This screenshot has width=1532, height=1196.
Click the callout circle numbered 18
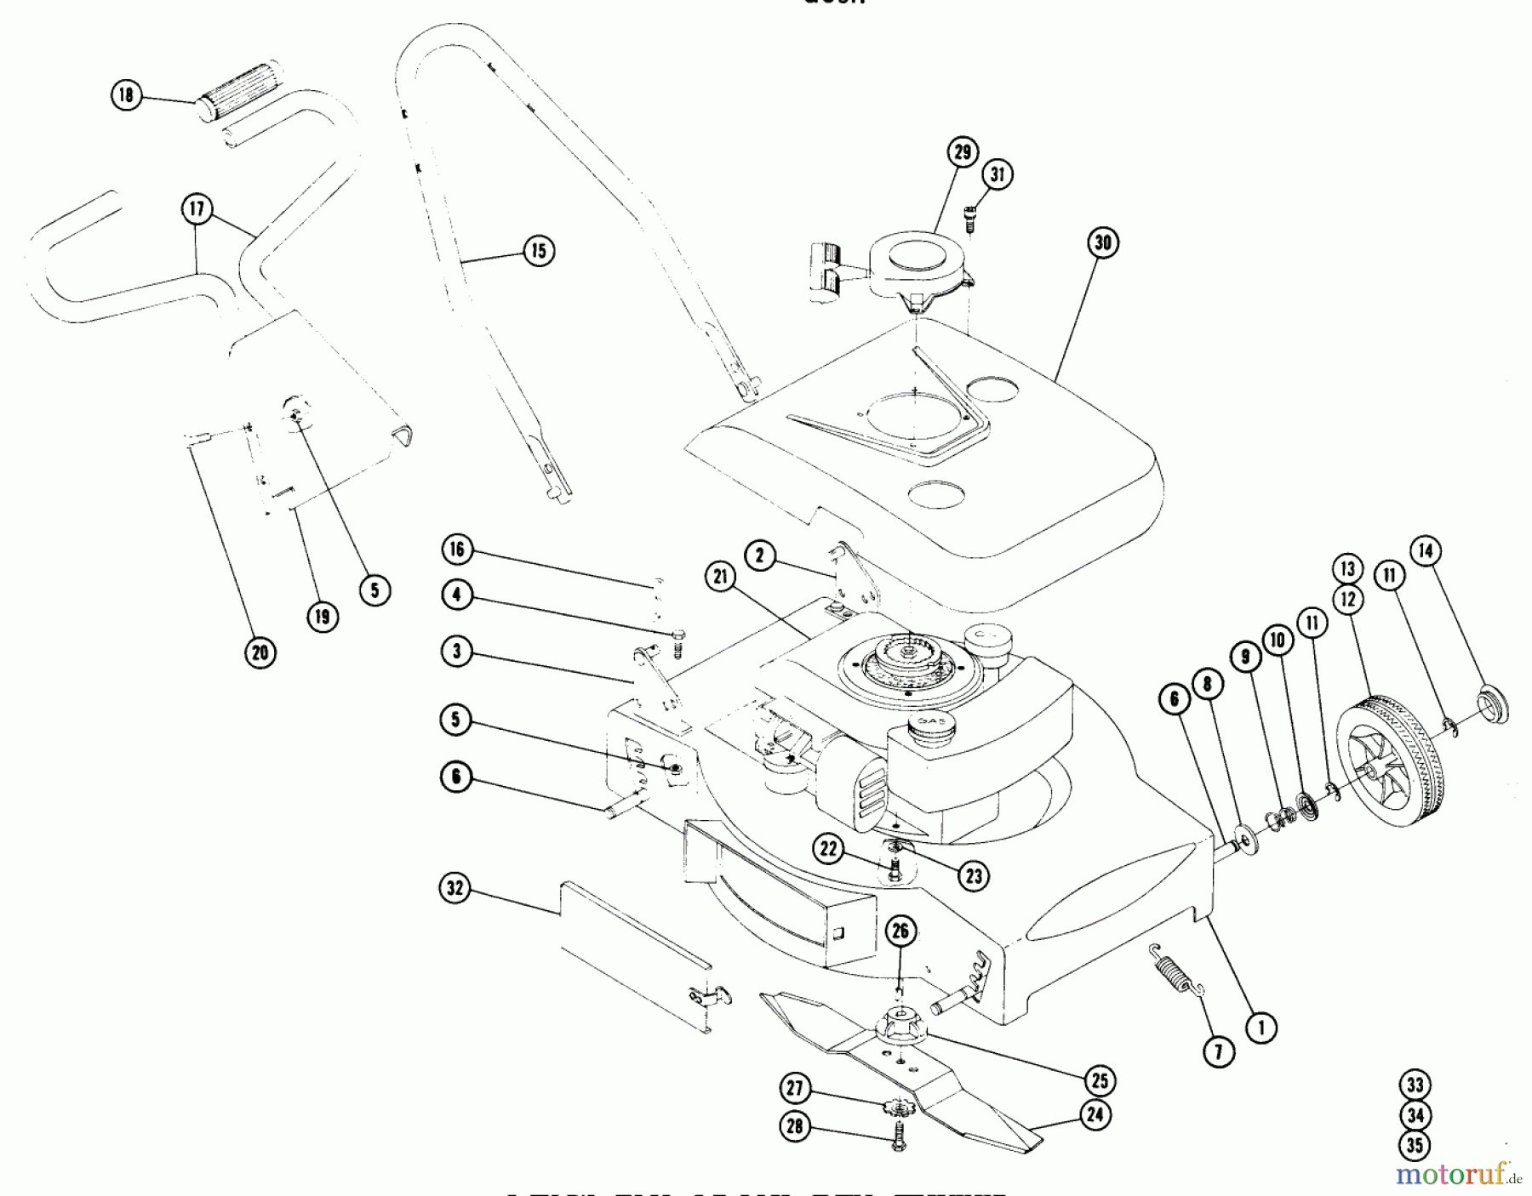126,94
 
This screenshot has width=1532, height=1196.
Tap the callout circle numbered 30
1102,242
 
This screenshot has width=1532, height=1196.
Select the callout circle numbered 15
538,251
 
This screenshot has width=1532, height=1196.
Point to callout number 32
455,889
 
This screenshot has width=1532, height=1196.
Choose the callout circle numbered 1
1261,1028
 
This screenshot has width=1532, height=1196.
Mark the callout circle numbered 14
1426,551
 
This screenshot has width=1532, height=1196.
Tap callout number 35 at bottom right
1415,1145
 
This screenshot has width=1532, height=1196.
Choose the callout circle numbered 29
962,153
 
